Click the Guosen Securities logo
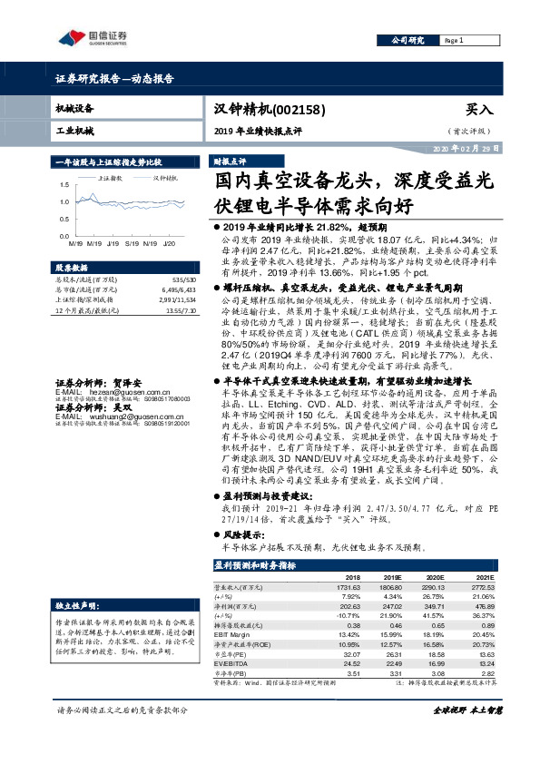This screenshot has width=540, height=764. pos(91,37)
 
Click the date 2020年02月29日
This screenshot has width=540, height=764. pos(466,148)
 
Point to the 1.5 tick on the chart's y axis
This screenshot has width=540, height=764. pos(64,187)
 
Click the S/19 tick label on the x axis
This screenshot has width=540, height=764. pos(132,243)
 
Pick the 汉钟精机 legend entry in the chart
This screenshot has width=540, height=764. pos(165,179)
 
